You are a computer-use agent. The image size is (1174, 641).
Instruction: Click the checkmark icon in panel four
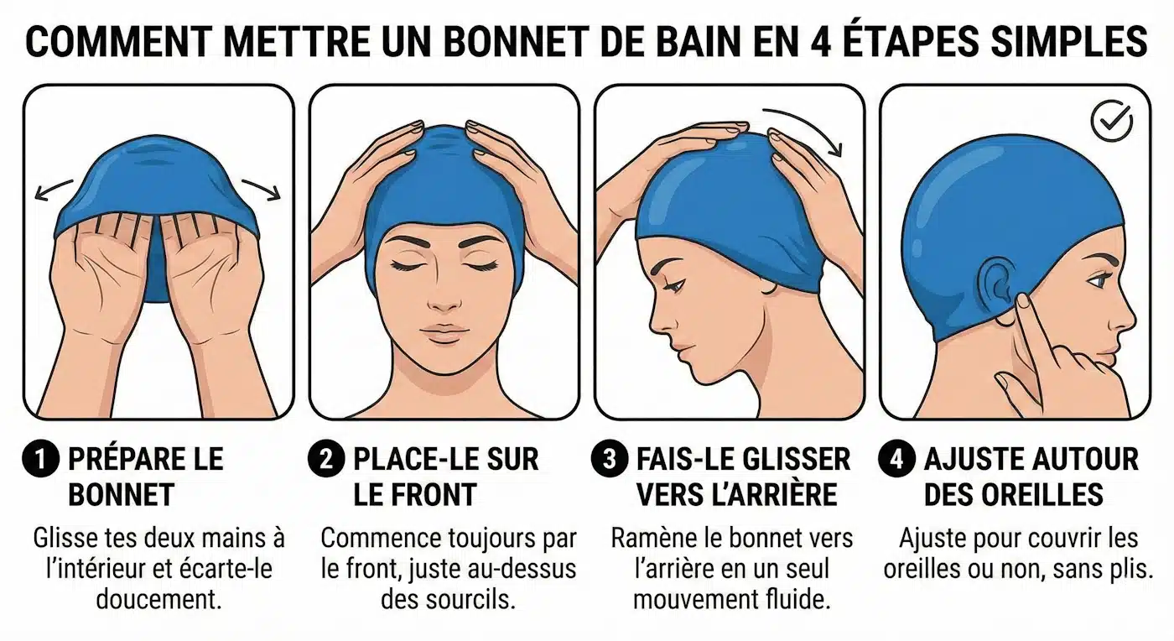point(1112,121)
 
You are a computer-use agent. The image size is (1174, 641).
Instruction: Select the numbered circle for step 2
point(326,459)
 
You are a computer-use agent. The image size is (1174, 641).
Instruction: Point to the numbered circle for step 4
point(896,459)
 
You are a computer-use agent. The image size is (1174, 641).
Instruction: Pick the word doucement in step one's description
point(158,599)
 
